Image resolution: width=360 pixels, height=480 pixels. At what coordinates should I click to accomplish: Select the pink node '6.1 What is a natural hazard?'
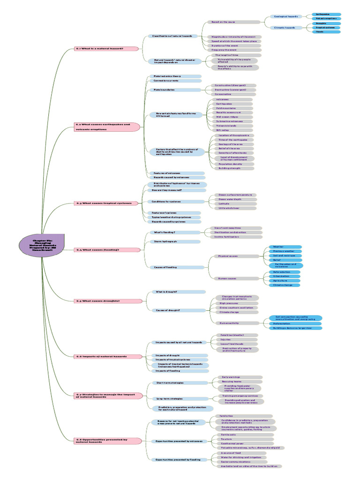[107, 48]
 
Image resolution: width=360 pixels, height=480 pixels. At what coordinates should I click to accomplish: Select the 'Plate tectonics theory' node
[174, 76]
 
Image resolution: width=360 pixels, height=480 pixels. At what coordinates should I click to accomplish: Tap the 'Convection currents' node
[174, 81]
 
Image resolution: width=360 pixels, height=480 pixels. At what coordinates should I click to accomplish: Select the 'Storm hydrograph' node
[174, 241]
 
